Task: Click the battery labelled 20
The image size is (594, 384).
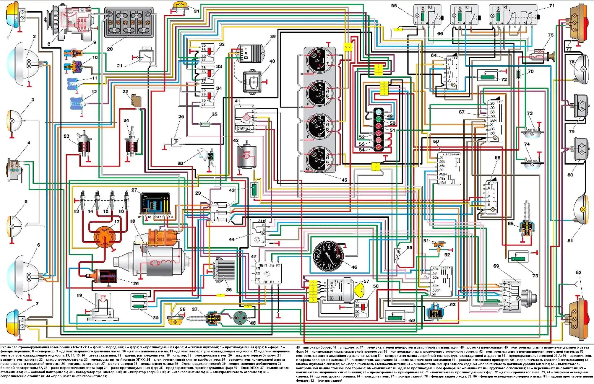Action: [x=129, y=23]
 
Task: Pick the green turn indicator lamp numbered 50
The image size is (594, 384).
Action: [x=379, y=119]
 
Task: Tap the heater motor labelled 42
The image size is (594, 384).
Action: [x=247, y=156]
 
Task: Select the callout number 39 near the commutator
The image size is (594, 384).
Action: [x=273, y=37]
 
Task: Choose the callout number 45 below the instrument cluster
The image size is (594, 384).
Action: [x=344, y=180]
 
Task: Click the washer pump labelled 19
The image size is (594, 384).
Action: [x=102, y=307]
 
